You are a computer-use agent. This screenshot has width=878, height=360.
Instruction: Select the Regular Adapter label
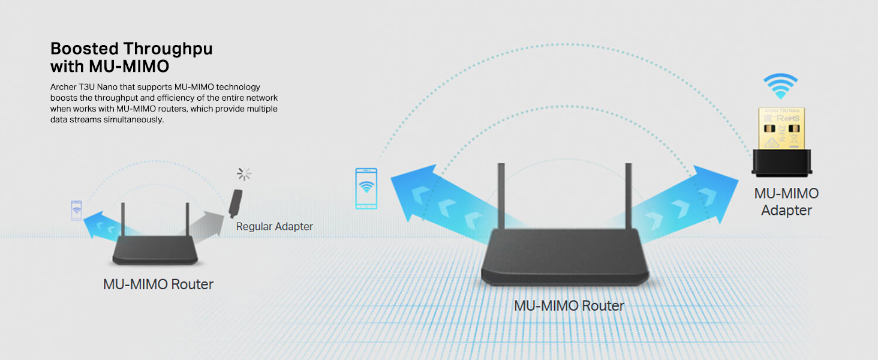click(274, 226)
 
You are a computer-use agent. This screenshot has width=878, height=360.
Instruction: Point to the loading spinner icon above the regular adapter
click(244, 175)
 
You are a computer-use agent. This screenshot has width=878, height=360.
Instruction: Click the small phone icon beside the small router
click(76, 211)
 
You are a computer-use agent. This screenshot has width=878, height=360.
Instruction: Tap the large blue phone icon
click(366, 188)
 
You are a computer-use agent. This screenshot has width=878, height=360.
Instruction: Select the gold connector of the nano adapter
click(780, 128)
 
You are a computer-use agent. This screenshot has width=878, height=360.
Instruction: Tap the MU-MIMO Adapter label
click(786, 202)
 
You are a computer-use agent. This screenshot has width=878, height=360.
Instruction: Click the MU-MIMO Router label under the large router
click(569, 305)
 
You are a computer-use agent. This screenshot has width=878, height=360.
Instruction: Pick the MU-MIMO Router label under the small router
click(158, 284)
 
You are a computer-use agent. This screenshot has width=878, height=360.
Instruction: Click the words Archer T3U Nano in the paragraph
click(80, 88)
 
